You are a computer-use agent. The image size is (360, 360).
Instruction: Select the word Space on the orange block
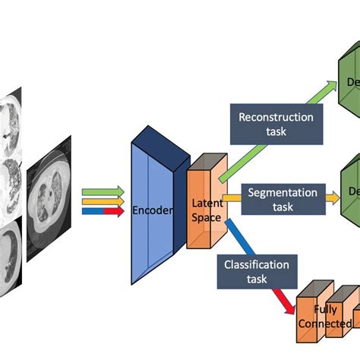[206, 218]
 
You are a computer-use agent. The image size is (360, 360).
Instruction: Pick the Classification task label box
[256, 272]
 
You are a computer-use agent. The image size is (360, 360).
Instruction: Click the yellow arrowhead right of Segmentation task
[333, 197]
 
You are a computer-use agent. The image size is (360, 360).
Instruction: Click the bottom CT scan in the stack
[11, 258]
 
